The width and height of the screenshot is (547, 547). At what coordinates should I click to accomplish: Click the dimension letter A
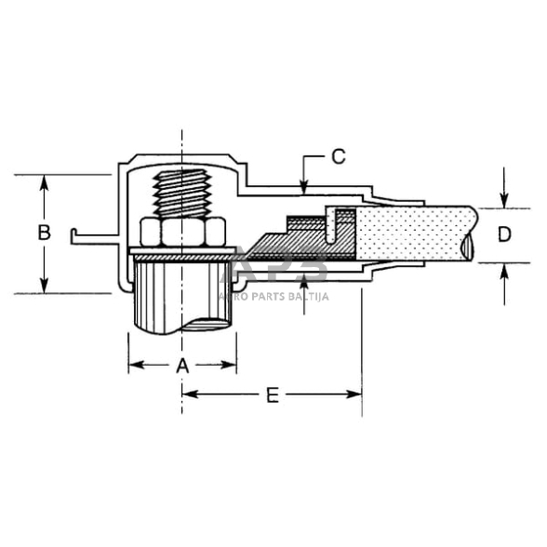coord(182,366)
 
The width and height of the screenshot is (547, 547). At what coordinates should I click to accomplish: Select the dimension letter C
coord(339,156)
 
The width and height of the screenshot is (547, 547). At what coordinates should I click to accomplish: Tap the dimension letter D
coord(503,233)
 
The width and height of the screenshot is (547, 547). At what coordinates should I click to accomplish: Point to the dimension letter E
coord(272,395)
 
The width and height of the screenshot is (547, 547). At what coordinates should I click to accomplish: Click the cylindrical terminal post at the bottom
coord(182,298)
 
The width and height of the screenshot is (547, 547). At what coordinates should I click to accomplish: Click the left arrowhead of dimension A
coord(133,366)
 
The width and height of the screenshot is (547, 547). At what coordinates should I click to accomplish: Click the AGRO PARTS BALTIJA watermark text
coord(275,296)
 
